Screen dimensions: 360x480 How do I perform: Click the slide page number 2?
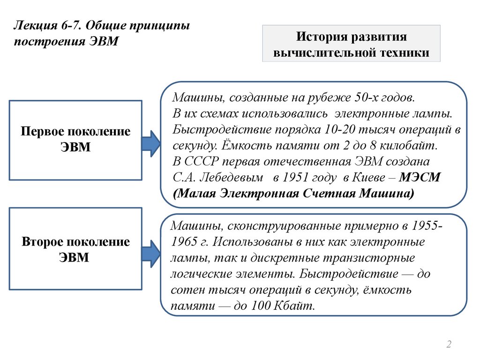click(449, 345)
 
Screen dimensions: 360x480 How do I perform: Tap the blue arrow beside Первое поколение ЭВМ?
click(151, 144)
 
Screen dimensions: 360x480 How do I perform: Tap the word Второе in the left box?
click(44, 242)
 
